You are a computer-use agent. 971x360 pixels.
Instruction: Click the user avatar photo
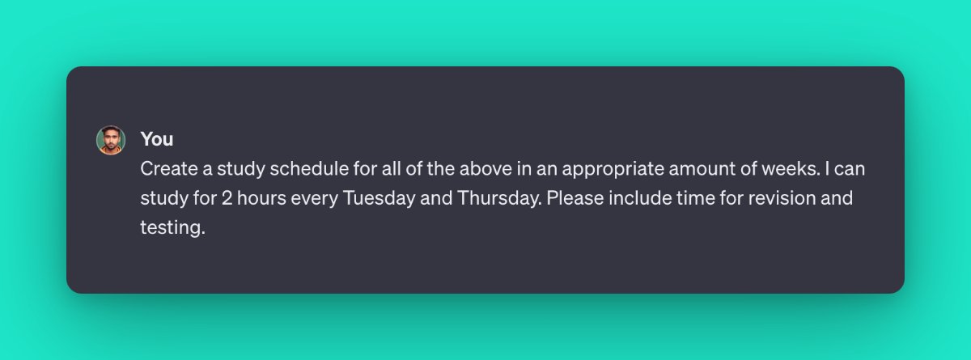(x=111, y=140)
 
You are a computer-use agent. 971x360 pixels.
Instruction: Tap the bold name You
(x=157, y=139)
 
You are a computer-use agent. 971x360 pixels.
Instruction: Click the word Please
(x=573, y=198)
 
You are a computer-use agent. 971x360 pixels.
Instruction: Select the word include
(x=636, y=198)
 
